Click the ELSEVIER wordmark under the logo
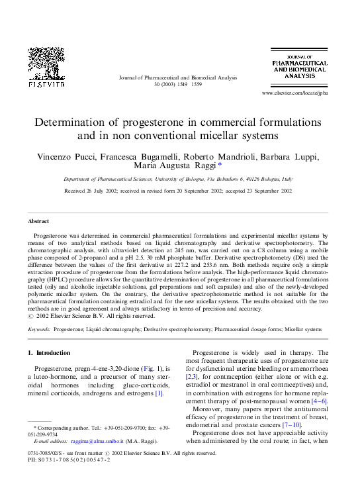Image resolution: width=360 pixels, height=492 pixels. [x=46, y=85]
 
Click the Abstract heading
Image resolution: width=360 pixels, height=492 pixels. [x=38, y=221]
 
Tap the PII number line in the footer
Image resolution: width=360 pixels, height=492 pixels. [x=69, y=460]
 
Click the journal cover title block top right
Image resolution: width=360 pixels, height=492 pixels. [x=298, y=66]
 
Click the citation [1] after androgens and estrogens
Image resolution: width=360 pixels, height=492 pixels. [x=159, y=393]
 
